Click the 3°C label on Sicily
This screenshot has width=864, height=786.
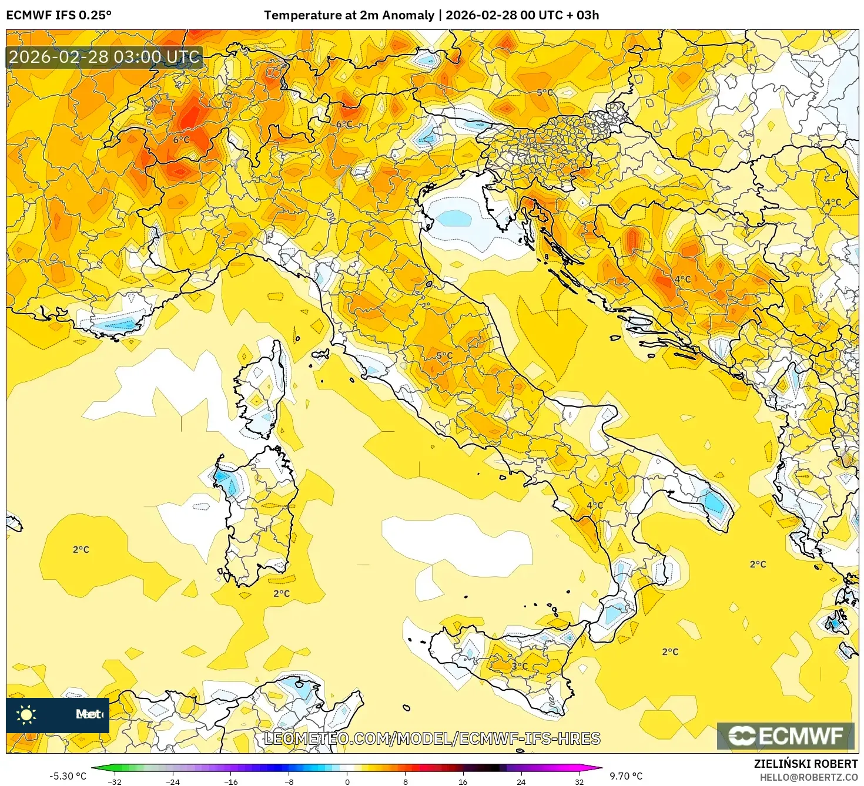(x=520, y=666)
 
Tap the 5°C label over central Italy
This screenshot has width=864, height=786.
(x=444, y=355)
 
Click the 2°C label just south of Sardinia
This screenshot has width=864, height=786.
(x=282, y=593)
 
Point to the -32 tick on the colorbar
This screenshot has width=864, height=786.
(x=115, y=781)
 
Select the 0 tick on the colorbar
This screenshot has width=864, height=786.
(x=347, y=781)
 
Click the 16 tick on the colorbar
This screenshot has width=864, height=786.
(x=463, y=781)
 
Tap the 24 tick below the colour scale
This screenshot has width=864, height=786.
(x=521, y=781)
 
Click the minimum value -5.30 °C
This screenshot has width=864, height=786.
(x=68, y=776)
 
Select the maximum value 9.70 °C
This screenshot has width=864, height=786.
(x=626, y=776)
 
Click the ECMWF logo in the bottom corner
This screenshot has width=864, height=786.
(x=785, y=736)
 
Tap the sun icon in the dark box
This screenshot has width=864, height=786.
(x=26, y=714)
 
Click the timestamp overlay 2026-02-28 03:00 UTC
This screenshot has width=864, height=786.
(x=104, y=57)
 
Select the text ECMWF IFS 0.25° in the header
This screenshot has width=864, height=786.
(x=59, y=15)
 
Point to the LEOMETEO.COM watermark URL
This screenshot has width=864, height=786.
(x=432, y=738)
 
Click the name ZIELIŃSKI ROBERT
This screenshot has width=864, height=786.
(x=805, y=764)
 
